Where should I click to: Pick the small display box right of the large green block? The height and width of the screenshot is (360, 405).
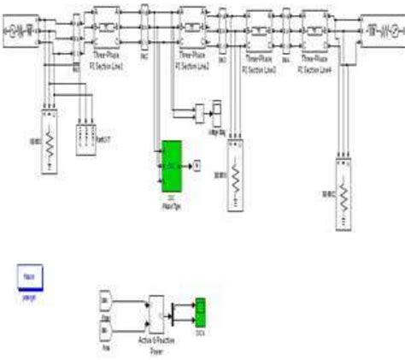coord(196,162)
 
